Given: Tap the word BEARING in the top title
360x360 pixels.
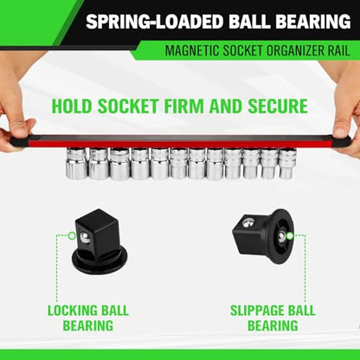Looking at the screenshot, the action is click(312, 22).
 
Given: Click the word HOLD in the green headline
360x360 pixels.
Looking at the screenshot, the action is click(72, 106).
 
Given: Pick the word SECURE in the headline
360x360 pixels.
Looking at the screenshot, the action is click(278, 106).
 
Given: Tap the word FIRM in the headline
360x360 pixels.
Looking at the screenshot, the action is click(184, 106).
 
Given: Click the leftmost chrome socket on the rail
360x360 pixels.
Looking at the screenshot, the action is click(76, 163).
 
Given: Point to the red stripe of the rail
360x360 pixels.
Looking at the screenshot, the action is click(179, 144).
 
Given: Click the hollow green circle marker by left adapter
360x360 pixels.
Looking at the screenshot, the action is click(72, 235).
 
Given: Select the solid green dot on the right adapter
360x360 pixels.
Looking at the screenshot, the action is click(290, 236).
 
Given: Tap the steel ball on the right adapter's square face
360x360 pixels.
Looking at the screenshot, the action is click(247, 222).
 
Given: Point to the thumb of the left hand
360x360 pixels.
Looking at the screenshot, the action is click(20, 126).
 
